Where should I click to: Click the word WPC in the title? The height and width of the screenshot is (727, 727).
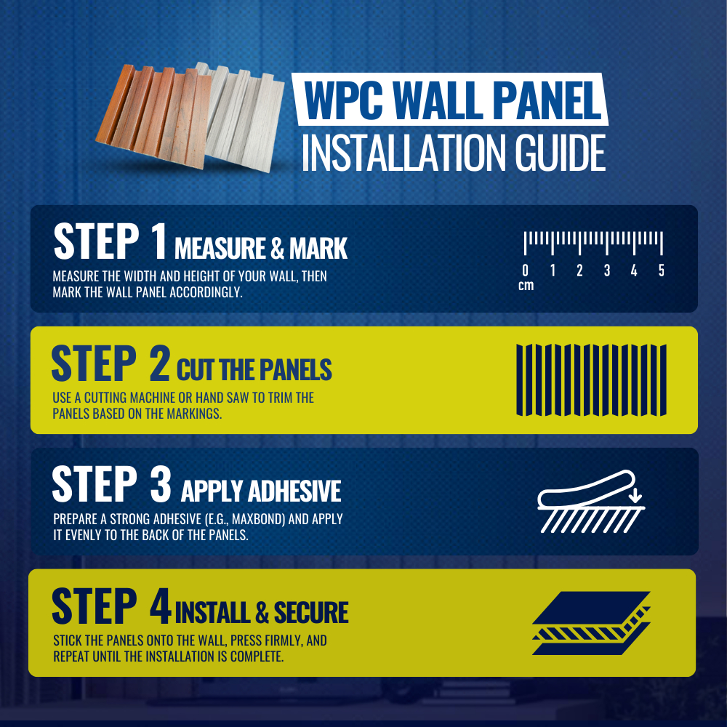pyautogui.click(x=344, y=100)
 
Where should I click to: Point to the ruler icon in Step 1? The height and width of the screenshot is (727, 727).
pyautogui.click(x=593, y=243)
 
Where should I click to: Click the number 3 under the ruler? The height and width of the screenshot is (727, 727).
pyautogui.click(x=607, y=270)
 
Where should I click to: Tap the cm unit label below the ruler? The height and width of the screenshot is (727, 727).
pyautogui.click(x=526, y=286)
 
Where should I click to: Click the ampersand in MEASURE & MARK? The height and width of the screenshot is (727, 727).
pyautogui.click(x=277, y=249)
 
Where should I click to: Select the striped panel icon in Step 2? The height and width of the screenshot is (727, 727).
pyautogui.click(x=591, y=379)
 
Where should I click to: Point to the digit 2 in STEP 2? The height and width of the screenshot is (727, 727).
pyautogui.click(x=159, y=363)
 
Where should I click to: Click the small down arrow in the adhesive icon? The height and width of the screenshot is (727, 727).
pyautogui.click(x=635, y=494)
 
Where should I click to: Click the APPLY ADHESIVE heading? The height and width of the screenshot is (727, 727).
pyautogui.click(x=261, y=491)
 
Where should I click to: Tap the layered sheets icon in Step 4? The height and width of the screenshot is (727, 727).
pyautogui.click(x=591, y=623)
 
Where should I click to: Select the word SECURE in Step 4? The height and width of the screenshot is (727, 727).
pyautogui.click(x=311, y=612)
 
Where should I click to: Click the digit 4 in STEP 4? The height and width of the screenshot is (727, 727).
pyautogui.click(x=161, y=606)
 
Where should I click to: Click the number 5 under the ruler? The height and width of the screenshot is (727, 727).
pyautogui.click(x=662, y=270)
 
